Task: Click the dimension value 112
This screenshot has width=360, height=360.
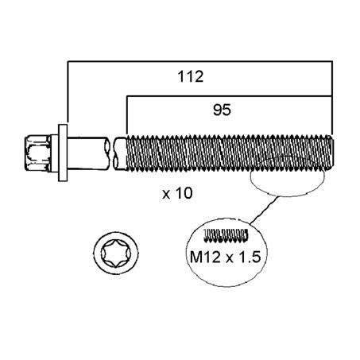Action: coord(191,76)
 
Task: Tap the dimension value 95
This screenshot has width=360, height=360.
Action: coord(222,110)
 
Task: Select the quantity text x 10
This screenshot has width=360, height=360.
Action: coord(177,193)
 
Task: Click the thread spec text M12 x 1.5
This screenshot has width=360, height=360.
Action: coord(226,257)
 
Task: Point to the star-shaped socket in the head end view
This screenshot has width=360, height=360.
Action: coord(116,254)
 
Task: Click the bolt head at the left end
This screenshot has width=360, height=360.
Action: coord(38,153)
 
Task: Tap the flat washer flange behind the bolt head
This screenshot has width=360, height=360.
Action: coord(63,153)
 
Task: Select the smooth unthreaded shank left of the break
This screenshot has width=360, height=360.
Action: coord(88,153)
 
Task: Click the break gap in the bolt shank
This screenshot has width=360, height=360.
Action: coord(112,153)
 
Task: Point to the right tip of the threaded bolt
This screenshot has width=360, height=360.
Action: coord(332,153)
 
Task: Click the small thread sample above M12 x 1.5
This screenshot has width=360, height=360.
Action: coord(226,235)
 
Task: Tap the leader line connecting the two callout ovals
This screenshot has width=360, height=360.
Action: coord(264,209)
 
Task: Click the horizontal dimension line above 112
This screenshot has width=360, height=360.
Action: coord(200,61)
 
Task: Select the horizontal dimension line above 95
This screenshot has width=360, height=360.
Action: coord(230,96)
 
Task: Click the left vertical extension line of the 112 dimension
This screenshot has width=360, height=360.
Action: coord(68,92)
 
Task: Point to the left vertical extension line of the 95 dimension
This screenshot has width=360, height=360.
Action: coord(127,115)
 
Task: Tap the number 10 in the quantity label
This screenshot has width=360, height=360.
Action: coord(184,193)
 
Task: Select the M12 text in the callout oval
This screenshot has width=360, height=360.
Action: coord(205,257)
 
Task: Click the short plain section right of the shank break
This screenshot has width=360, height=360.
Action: coord(121,153)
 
